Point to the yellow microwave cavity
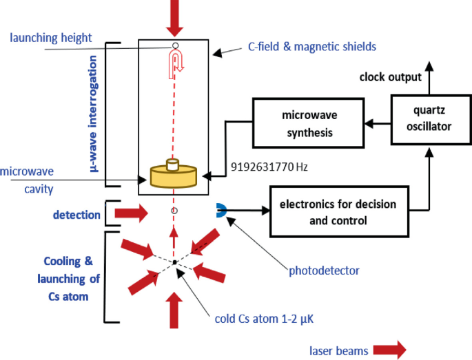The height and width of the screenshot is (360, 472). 174,175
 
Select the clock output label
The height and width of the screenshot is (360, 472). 390,77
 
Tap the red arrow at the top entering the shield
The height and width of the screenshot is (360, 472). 174,18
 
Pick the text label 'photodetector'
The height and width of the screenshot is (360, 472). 324,271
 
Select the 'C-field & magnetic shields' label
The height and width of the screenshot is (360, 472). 312,47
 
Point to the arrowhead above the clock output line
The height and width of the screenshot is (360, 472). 429,66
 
